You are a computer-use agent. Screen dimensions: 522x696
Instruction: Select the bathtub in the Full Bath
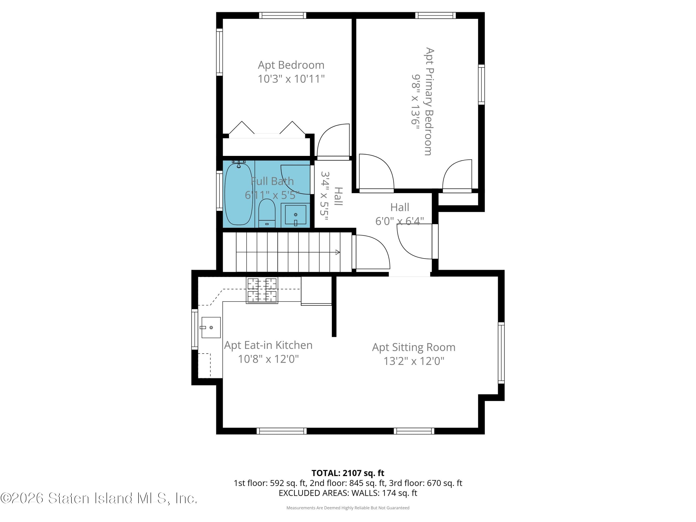[x=238, y=194]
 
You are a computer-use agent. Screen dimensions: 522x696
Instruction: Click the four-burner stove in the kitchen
[x=262, y=290]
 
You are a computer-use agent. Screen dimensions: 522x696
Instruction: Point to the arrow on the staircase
[x=337, y=252]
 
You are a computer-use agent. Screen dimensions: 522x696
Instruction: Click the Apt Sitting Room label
[x=413, y=347]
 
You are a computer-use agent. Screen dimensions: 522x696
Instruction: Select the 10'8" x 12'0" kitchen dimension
[x=268, y=359]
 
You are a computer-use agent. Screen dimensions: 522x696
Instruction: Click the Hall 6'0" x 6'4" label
[x=399, y=214]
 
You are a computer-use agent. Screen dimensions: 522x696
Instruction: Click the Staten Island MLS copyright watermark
[x=99, y=498]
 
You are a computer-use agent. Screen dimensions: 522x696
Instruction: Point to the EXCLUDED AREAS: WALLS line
[x=348, y=493]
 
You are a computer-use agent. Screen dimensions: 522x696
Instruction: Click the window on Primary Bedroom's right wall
[x=481, y=84]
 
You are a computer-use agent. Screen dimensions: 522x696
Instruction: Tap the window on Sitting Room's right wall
[x=501, y=352]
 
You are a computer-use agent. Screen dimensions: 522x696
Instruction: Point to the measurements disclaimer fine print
[x=348, y=508]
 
